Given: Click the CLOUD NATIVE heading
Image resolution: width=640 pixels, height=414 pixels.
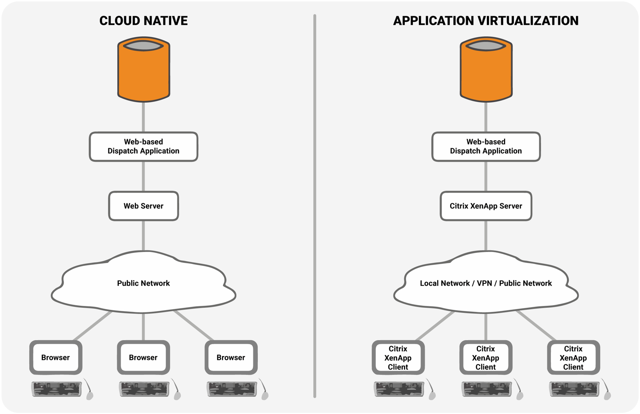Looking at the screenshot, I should point(143,21).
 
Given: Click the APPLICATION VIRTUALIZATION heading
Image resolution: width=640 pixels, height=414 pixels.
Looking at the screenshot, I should point(485,21).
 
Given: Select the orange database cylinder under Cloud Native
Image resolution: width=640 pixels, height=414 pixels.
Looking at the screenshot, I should point(143,70).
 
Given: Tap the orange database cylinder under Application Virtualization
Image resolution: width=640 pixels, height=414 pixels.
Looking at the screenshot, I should point(486,70).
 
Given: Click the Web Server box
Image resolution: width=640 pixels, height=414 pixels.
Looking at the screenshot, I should point(143,206).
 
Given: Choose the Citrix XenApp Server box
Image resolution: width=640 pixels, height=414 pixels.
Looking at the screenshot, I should point(486,206).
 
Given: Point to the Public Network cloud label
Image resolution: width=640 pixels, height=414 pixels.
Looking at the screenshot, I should point(143,283).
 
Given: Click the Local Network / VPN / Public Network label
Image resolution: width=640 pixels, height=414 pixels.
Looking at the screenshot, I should point(486,283).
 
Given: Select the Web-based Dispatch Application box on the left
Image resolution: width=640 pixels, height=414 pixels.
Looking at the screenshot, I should point(143,146).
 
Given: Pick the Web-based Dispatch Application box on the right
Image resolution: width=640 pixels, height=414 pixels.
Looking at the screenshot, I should point(486,146).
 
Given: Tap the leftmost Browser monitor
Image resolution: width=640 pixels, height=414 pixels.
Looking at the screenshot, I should point(55,357).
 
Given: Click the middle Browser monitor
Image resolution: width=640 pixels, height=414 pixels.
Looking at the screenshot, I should point(143,357).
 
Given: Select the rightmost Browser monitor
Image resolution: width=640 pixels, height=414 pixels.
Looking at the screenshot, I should point(231,357).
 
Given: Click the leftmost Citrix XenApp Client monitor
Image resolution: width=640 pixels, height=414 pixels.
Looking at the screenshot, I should point(398,357).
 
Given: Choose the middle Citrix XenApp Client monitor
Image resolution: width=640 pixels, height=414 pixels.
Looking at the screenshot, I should point(486,357).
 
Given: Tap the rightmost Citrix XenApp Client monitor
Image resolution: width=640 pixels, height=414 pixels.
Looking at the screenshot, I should point(573,357).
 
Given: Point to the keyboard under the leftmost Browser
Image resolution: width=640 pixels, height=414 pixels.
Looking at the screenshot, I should point(57,389).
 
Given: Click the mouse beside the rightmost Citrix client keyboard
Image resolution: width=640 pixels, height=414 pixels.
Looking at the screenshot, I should point(607,395).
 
